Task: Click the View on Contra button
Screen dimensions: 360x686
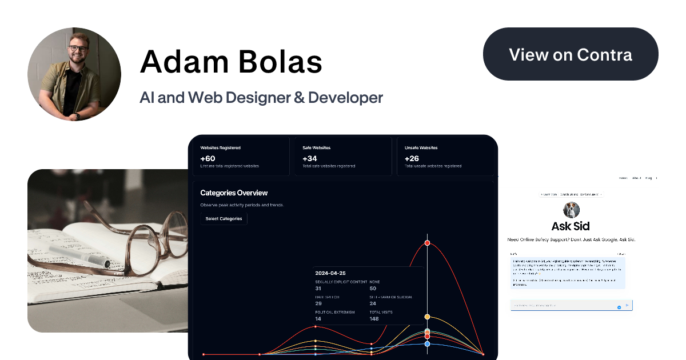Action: pos(571,54)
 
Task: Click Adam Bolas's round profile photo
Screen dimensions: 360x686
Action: pos(74,74)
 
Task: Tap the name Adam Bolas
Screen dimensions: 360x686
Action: pos(231,61)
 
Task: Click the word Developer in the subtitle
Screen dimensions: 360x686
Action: pos(345,98)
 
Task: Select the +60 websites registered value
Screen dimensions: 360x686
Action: pos(208,158)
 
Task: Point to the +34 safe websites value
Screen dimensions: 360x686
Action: pos(310,158)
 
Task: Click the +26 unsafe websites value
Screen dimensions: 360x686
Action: pos(412,158)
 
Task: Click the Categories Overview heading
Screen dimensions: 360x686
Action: pos(234,193)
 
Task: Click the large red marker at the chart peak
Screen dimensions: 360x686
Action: pos(427,243)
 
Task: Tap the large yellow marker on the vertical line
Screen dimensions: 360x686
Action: pos(427,317)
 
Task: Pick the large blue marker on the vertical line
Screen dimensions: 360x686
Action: pos(427,343)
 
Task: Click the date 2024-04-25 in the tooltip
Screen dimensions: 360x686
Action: pos(330,273)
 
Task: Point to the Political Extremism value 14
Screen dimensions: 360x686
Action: pos(318,318)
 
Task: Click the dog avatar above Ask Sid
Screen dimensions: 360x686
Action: pos(571,209)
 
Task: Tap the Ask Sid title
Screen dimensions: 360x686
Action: pos(571,226)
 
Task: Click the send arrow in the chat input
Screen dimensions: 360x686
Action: pos(627,306)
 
